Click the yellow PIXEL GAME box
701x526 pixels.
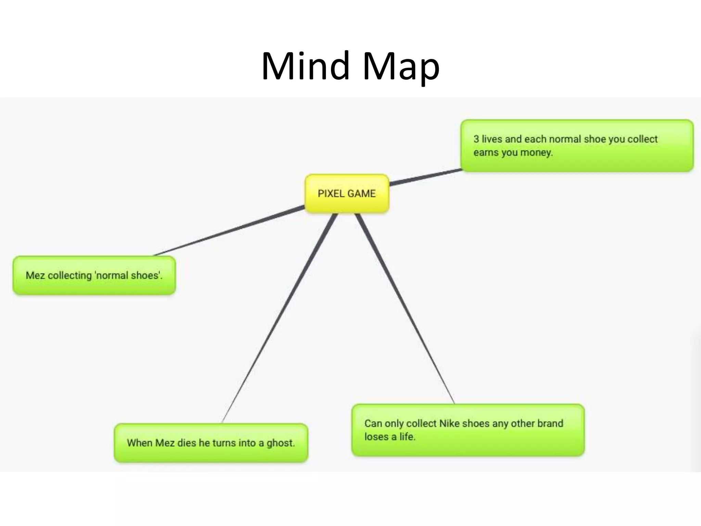(347, 193)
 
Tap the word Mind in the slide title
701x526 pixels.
(306, 66)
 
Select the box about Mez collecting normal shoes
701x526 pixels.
(94, 275)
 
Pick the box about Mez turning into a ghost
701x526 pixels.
(211, 443)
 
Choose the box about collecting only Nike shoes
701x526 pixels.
(468, 430)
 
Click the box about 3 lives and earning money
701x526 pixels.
(577, 146)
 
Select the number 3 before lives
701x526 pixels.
(476, 139)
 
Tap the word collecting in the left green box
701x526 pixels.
(70, 275)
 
